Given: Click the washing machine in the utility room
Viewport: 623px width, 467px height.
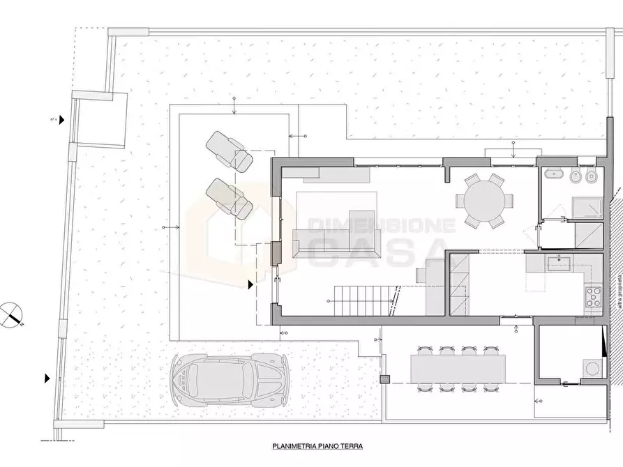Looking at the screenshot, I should coord(591,366).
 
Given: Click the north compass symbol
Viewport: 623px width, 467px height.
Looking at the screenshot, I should coord(13,314).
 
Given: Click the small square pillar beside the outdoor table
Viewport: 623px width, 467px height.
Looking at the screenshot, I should coord(383,379).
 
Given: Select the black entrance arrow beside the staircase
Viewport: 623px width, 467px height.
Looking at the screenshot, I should coord(251,284).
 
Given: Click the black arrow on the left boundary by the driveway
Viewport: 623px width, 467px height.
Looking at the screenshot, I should coord(47,378).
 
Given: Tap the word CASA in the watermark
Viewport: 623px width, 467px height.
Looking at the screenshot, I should coord(377,252).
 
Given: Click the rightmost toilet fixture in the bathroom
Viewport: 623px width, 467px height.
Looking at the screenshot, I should coord(592,176).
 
